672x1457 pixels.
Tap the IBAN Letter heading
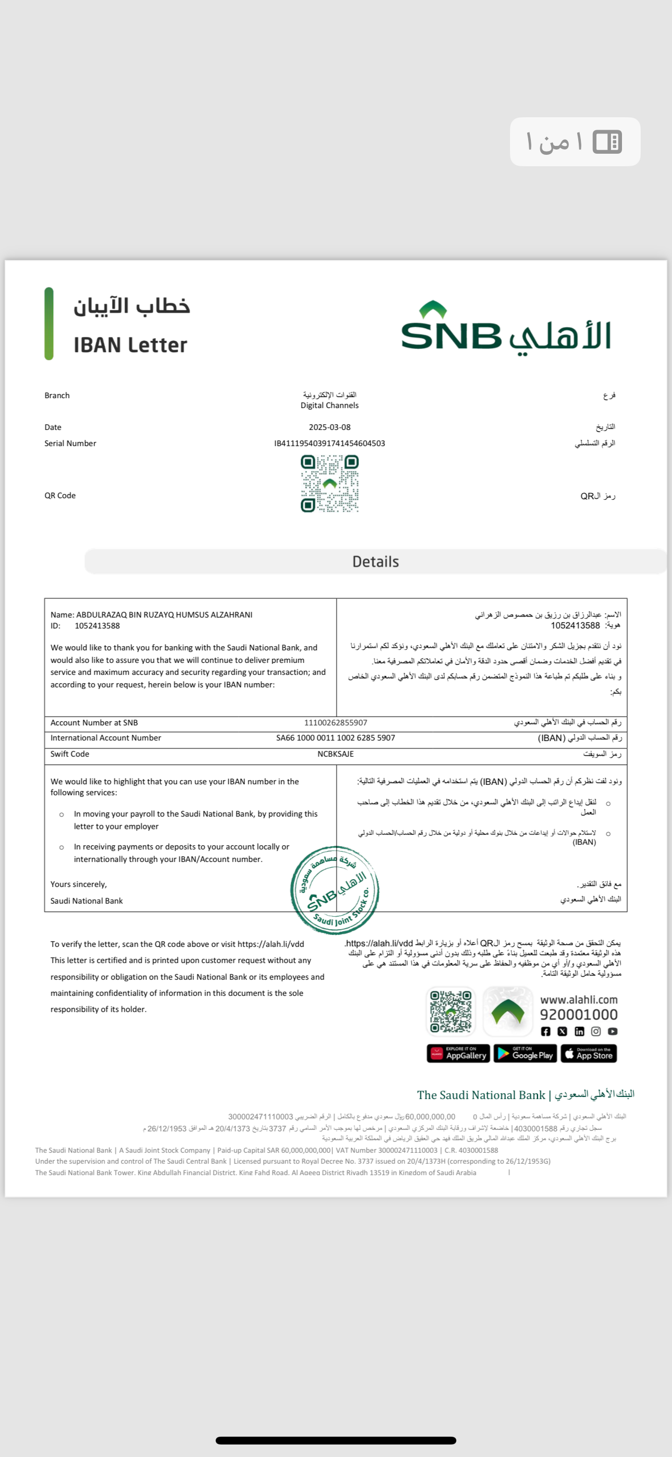coord(130,345)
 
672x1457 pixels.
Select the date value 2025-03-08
coord(329,427)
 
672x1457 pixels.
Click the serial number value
coord(329,443)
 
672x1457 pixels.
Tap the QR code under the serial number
coord(330,484)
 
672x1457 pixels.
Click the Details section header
coord(376,562)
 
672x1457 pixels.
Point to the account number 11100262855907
coord(335,723)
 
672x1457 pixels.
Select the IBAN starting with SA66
coord(335,738)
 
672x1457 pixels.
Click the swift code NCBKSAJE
coord(335,754)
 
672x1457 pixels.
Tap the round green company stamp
coord(335,890)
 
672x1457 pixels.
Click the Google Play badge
coord(526,1054)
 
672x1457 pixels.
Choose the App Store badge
coord(589,1054)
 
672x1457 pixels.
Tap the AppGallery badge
coord(458,1054)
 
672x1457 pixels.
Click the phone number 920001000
coord(579,1015)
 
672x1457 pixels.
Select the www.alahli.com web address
coord(579,1000)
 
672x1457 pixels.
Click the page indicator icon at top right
coord(607,142)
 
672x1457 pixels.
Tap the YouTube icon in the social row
coord(613,1032)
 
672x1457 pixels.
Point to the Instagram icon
coord(595,1032)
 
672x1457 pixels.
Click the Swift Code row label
coord(70,754)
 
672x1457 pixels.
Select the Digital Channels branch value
coord(329,405)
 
